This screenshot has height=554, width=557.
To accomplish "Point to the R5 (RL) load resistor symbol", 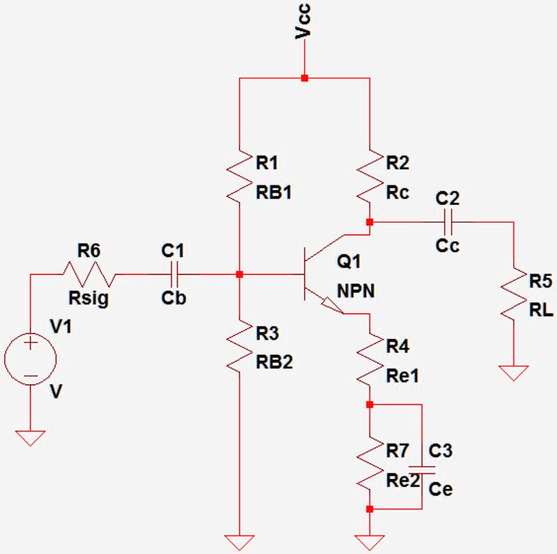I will pos(512,292).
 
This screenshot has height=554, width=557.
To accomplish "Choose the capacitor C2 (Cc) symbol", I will pos(448,222).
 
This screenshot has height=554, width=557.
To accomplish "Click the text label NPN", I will pos(356,290).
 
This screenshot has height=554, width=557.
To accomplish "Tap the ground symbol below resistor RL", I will pos(512,373).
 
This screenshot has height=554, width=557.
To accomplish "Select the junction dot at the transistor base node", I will pos(239,273).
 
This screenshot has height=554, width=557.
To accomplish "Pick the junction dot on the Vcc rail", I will pos(304,78).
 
